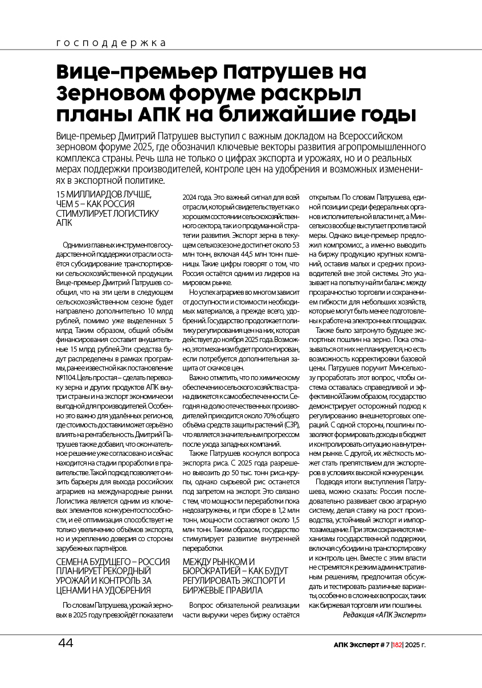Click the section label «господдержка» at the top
tap(112, 43)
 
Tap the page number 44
tap(66, 643)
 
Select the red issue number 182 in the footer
tap(397, 645)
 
